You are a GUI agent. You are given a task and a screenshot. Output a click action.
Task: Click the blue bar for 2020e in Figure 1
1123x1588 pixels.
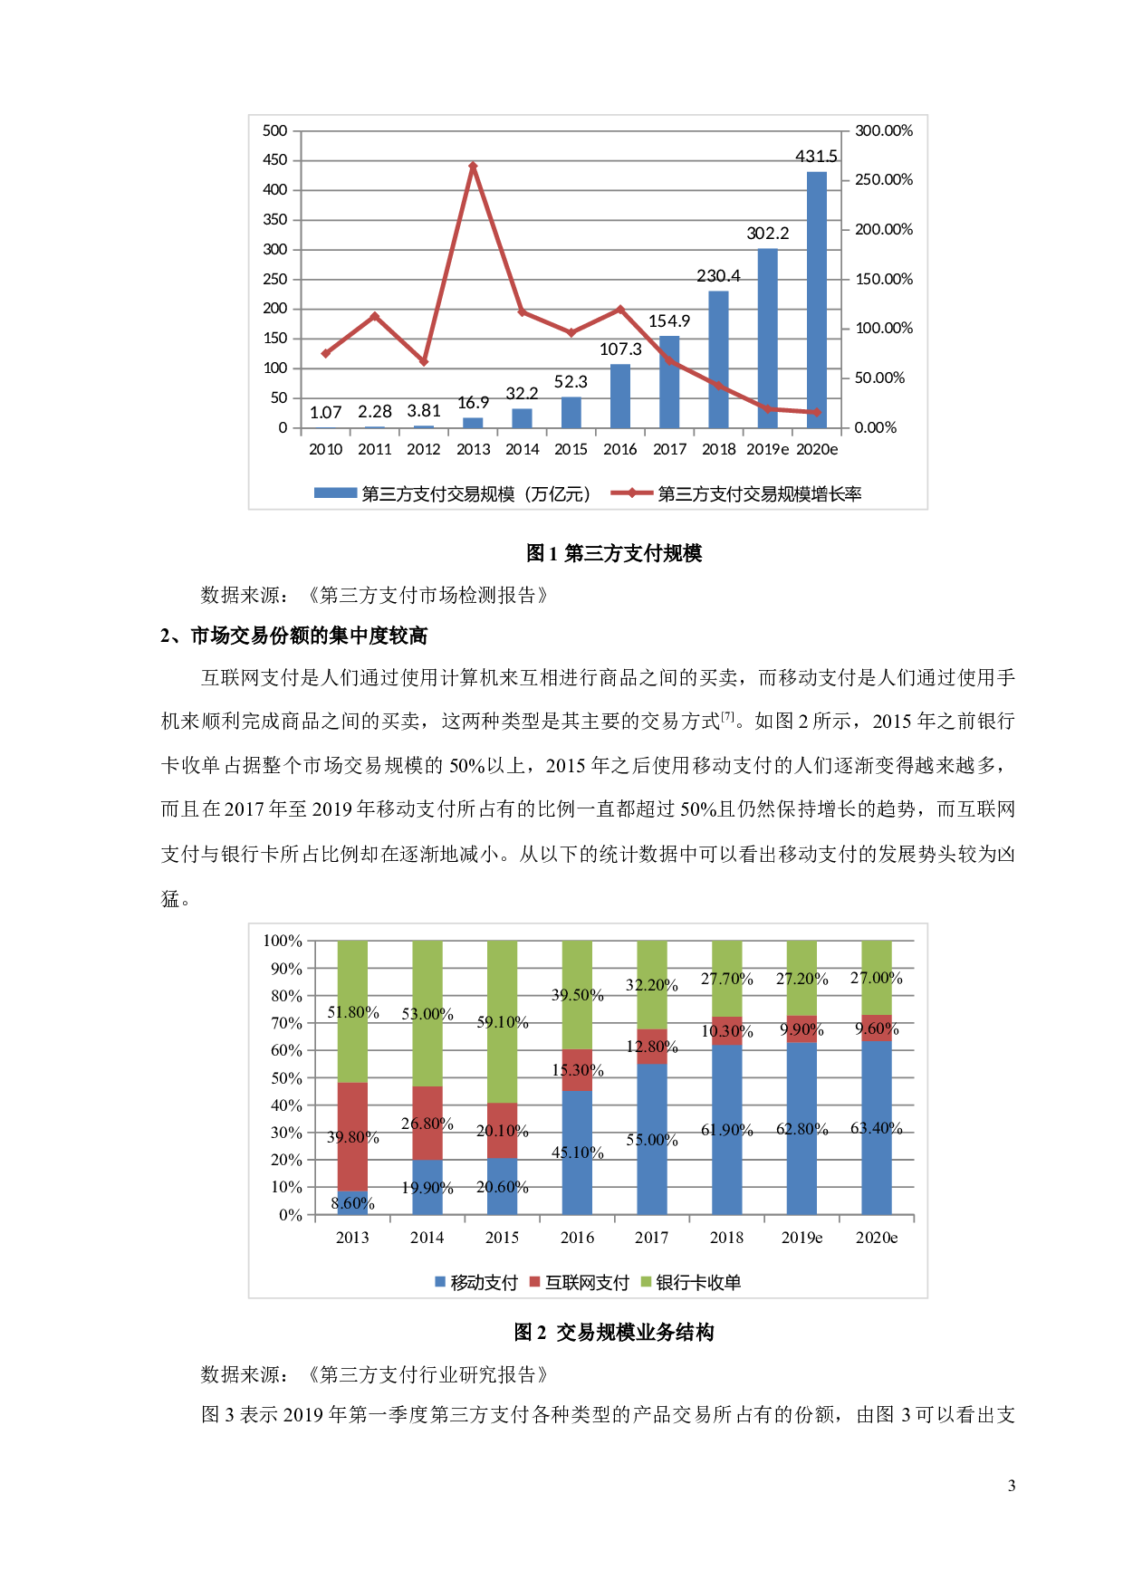click(x=817, y=300)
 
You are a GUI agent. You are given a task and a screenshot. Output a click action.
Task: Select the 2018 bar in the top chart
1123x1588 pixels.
click(x=718, y=359)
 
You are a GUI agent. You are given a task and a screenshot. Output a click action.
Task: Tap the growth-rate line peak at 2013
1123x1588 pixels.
click(x=473, y=167)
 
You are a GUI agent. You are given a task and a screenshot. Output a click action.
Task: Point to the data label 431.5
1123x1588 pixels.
click(x=816, y=157)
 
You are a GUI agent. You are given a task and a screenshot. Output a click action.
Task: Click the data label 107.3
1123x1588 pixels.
click(x=620, y=349)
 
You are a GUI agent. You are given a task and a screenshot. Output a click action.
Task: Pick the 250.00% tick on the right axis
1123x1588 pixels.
click(x=884, y=180)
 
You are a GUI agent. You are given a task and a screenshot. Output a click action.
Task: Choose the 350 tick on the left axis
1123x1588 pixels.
click(x=275, y=220)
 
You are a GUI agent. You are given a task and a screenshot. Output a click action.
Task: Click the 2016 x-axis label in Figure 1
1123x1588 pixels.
click(x=620, y=449)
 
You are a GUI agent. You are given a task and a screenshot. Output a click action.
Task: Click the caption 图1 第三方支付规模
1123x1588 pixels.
click(x=614, y=553)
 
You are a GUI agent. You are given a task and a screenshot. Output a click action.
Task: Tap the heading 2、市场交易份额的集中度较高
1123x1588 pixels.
click(x=293, y=636)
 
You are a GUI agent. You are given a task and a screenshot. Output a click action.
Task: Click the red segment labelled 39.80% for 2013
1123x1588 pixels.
click(x=352, y=1136)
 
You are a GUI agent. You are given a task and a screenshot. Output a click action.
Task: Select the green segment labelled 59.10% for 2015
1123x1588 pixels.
click(x=502, y=1021)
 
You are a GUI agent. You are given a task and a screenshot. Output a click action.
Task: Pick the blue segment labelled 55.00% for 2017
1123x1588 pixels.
click(x=652, y=1139)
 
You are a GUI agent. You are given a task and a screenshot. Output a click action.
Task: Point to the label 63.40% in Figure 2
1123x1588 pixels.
click(x=876, y=1128)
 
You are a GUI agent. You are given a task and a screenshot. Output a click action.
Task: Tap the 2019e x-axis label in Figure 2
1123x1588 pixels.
click(x=801, y=1238)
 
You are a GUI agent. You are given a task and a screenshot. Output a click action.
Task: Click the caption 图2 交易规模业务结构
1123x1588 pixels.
click(x=614, y=1332)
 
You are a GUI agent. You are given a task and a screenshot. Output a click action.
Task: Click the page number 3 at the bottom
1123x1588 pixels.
click(x=1012, y=1486)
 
